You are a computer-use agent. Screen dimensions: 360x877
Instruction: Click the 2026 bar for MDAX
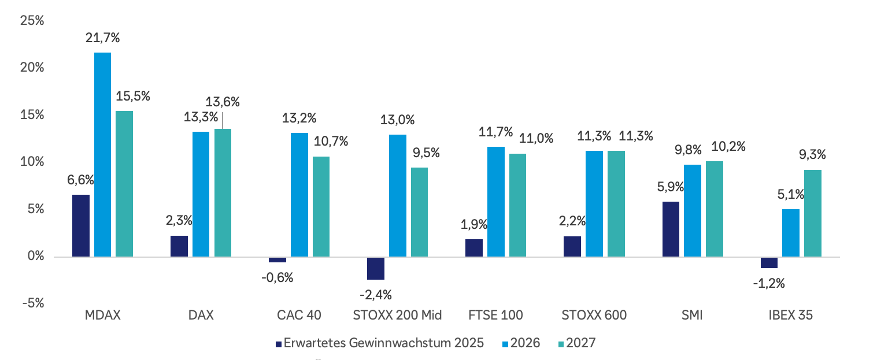[x=102, y=154]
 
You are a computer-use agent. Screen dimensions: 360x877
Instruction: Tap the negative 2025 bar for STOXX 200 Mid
[x=376, y=268]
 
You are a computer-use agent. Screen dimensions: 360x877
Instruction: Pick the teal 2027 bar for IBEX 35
[x=812, y=213]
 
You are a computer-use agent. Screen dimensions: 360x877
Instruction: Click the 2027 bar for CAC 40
[x=321, y=206]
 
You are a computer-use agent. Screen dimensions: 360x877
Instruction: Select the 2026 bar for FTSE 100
[x=495, y=202]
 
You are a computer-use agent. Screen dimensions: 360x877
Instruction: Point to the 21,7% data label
[x=103, y=39]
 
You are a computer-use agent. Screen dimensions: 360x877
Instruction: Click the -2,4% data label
[x=375, y=295]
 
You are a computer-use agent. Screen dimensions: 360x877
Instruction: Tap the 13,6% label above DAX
[x=224, y=102]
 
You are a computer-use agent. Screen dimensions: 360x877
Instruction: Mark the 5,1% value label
[x=790, y=195]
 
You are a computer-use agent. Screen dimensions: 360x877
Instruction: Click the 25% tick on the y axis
[x=32, y=21]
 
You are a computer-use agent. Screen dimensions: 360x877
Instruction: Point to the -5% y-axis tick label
[x=32, y=303]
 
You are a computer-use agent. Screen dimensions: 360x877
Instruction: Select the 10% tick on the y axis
[x=32, y=162]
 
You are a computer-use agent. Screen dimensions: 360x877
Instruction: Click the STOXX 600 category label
[x=594, y=316]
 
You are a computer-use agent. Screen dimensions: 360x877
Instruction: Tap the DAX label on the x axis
[x=201, y=316]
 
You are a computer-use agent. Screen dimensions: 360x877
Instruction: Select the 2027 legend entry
[x=580, y=343]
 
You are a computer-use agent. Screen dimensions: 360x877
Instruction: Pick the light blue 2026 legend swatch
[x=505, y=344]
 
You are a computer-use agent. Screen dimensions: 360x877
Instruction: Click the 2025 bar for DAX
[x=179, y=246]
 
